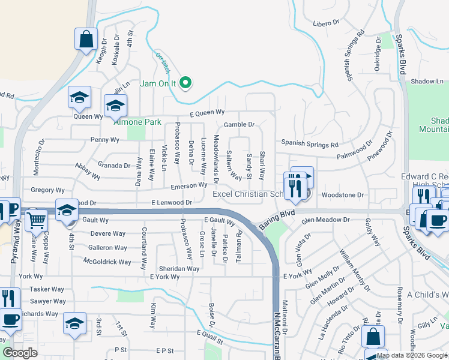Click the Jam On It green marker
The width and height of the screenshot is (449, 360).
[186, 83]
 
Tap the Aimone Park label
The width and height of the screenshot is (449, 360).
[138, 122]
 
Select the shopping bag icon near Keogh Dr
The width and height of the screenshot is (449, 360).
[86, 40]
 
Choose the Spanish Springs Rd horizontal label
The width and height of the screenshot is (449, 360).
[310, 145]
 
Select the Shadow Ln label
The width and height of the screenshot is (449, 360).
[426, 81]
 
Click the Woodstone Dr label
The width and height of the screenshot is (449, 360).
[343, 195]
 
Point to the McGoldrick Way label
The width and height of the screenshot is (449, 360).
[107, 262]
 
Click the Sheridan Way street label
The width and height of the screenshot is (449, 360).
[179, 269]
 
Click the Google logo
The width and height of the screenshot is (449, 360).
[20, 353]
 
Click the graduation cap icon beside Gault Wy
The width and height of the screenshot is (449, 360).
[67, 210]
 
